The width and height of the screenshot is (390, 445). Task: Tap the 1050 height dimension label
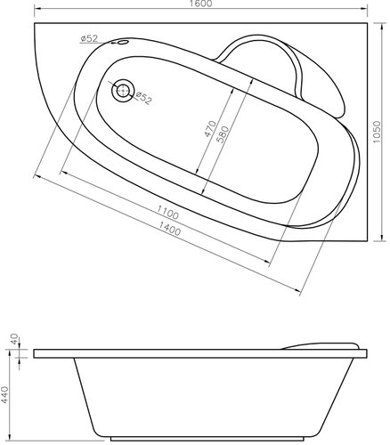click(377, 132)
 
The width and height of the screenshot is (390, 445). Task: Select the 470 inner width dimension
click(210, 128)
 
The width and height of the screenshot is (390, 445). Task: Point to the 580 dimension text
click(223, 134)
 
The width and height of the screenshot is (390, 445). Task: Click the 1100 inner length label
click(167, 213)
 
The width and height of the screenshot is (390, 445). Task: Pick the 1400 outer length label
click(169, 229)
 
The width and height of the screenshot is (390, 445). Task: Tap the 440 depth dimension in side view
click(5, 394)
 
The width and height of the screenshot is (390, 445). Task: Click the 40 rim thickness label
click(14, 339)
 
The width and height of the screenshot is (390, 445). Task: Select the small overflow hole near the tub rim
click(122, 42)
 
